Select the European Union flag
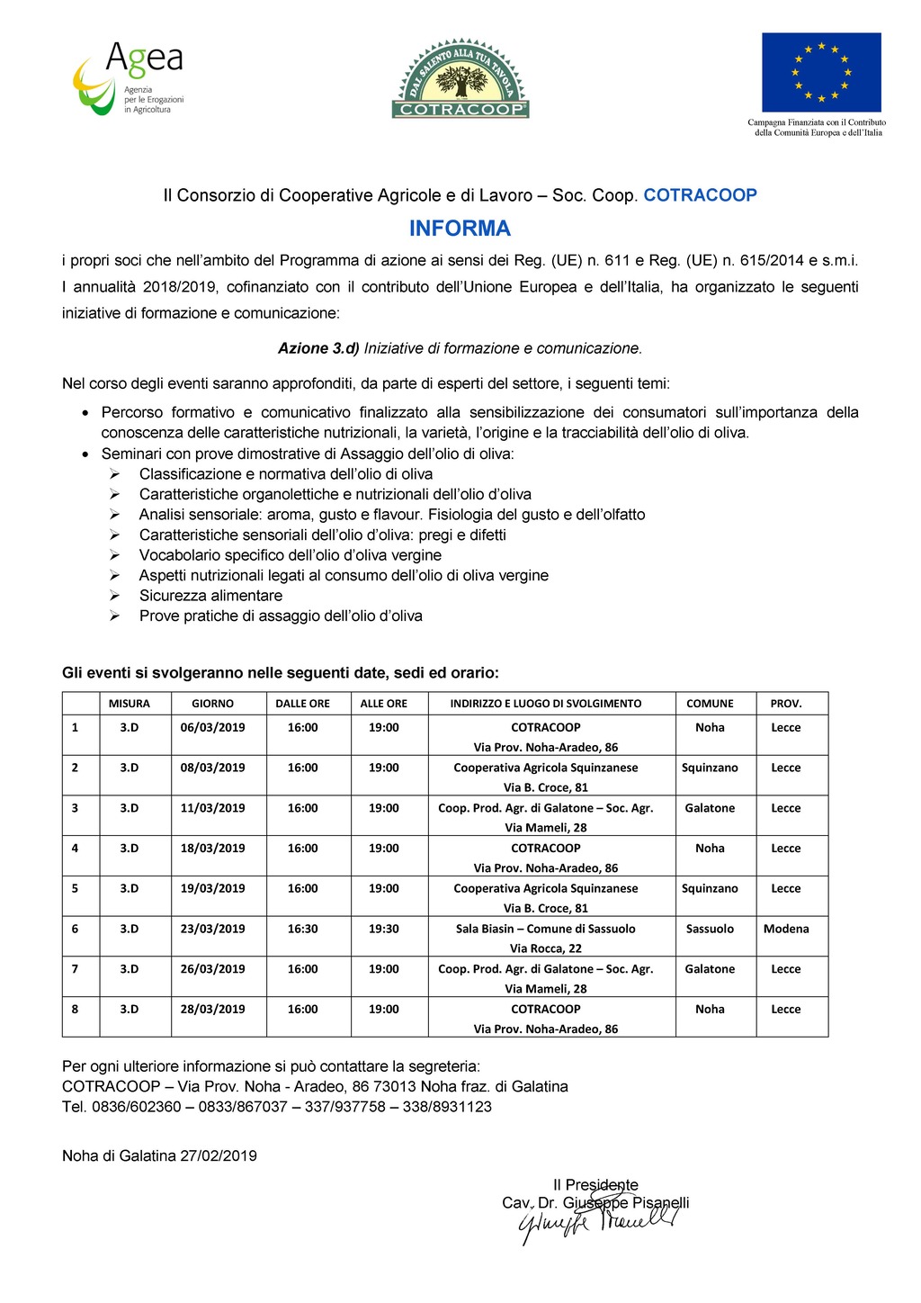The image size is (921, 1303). (x=821, y=72)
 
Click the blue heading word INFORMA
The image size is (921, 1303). (x=460, y=229)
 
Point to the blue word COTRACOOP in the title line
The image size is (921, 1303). (x=700, y=195)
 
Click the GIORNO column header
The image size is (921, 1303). (x=212, y=704)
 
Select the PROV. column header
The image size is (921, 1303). (x=785, y=704)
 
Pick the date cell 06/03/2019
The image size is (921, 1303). (x=212, y=727)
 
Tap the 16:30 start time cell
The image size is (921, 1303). (x=302, y=929)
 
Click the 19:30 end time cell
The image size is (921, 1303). (x=383, y=929)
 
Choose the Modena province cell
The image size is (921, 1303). (x=786, y=929)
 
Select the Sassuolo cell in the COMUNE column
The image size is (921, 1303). (x=710, y=929)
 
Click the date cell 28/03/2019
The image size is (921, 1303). (x=212, y=1009)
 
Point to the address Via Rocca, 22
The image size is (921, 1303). (x=545, y=948)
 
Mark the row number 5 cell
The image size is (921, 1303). (x=75, y=888)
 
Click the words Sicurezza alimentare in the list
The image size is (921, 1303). (x=210, y=596)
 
